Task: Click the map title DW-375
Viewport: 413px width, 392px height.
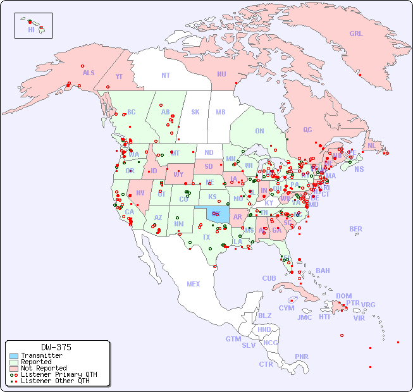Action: [x=56, y=347]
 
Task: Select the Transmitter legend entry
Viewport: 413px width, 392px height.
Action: [x=41, y=355]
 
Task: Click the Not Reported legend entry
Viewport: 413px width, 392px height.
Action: [x=43, y=368]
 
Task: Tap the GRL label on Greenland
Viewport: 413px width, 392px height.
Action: [x=356, y=34]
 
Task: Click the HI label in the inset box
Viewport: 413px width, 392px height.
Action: [x=31, y=30]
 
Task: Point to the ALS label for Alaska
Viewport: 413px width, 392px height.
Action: [x=89, y=73]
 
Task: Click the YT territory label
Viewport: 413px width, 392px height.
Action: [x=119, y=77]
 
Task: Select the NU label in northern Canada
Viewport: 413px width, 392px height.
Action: [x=221, y=74]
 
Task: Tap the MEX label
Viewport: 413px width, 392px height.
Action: [x=194, y=284]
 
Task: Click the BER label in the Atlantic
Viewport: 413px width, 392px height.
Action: [x=355, y=229]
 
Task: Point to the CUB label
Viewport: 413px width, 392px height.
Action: [x=269, y=278]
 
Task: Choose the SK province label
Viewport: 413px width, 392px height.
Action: [x=195, y=112]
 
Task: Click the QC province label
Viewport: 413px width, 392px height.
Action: [x=307, y=130]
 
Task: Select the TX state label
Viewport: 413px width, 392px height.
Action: [x=206, y=237]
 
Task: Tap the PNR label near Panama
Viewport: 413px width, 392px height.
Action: [x=302, y=357]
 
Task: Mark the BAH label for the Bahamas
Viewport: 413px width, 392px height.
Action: [x=323, y=271]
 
